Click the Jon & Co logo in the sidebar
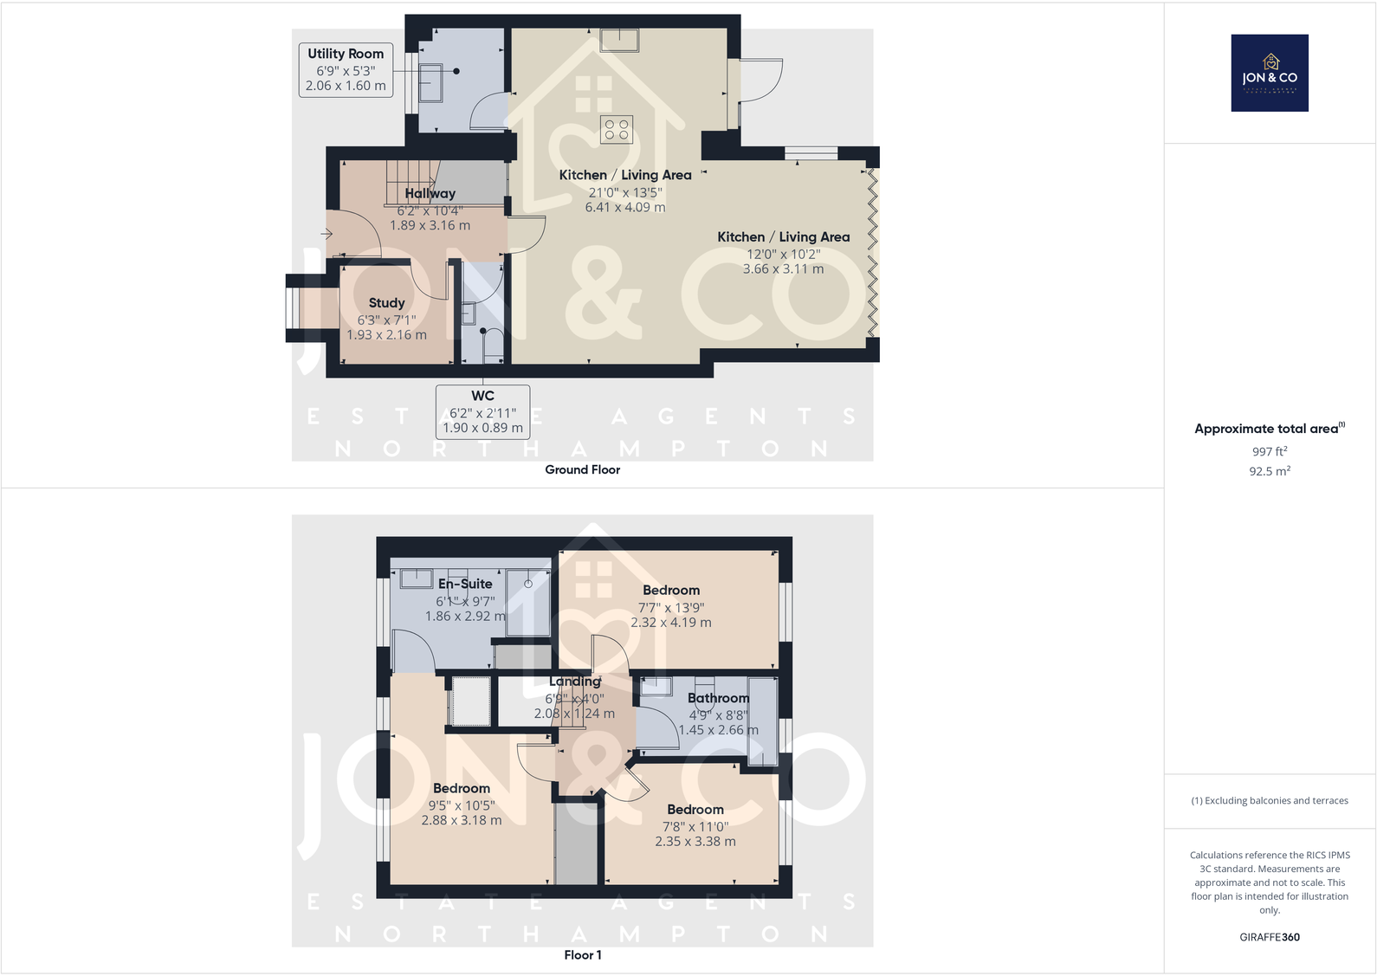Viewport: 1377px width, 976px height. pyautogui.click(x=1269, y=73)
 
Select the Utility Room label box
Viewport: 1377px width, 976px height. pyautogui.click(x=346, y=69)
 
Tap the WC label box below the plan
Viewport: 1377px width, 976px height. pyautogui.click(x=482, y=411)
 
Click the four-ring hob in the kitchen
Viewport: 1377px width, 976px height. pyautogui.click(x=617, y=130)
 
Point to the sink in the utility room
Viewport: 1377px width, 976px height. pyautogui.click(x=430, y=83)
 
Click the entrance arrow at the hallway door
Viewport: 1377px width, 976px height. pyautogui.click(x=326, y=234)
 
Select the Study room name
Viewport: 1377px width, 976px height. pyautogui.click(x=386, y=303)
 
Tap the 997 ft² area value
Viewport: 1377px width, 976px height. pyautogui.click(x=1269, y=451)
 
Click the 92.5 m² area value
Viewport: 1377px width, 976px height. pyautogui.click(x=1269, y=471)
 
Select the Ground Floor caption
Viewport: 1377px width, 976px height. pyautogui.click(x=582, y=469)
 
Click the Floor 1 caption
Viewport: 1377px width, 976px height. pyautogui.click(x=582, y=954)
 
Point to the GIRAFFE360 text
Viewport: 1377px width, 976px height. pyautogui.click(x=1269, y=937)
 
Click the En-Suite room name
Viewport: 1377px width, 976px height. pyautogui.click(x=465, y=584)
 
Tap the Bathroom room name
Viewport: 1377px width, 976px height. pyautogui.click(x=718, y=698)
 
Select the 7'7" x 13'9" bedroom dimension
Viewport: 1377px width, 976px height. pyautogui.click(x=671, y=607)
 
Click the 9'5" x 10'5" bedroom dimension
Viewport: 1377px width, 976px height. pyautogui.click(x=461, y=805)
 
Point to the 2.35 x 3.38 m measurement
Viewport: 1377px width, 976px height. pyautogui.click(x=695, y=841)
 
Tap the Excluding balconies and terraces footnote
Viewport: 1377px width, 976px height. pyautogui.click(x=1269, y=800)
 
